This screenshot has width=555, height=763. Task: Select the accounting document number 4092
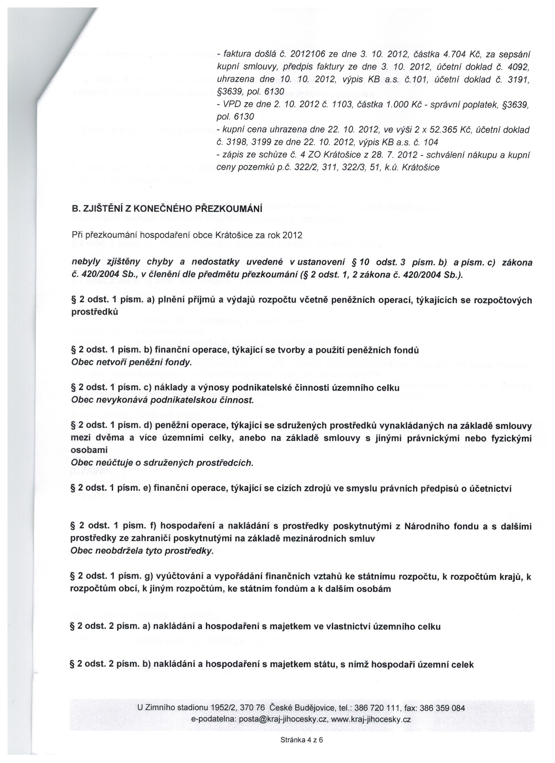(x=520, y=67)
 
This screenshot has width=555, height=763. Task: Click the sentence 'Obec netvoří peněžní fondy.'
(x=132, y=363)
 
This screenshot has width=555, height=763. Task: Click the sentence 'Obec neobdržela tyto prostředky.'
(x=142, y=552)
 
